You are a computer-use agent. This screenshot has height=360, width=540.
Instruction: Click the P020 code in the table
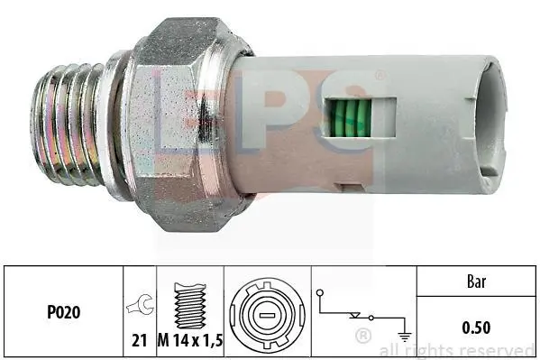pos(64,312)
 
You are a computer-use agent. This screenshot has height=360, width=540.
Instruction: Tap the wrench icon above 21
pos(140,304)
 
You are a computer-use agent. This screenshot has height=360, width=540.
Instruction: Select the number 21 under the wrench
pos(140,341)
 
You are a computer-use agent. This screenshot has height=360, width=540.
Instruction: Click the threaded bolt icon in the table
pos(190,306)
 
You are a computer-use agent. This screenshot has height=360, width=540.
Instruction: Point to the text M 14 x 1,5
pos(190,341)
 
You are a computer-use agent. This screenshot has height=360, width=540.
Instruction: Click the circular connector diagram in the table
pos(267,315)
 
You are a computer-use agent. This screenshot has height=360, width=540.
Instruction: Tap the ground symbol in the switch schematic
pos(404,335)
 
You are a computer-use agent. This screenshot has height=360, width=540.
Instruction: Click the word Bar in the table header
pos(476,282)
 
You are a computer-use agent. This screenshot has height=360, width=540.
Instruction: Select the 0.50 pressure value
pos(476,328)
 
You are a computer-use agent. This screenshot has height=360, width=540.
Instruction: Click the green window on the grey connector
pos(349,117)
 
